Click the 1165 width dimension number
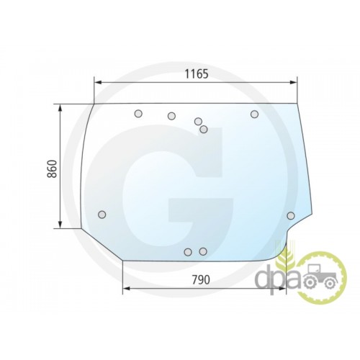tap(197, 74)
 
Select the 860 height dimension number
tap(52, 168)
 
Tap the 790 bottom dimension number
tap(201, 279)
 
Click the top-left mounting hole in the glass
tap(138, 114)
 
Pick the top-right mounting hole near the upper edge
tap(254, 114)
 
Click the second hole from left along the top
tap(171, 116)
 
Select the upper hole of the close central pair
tap(198, 122)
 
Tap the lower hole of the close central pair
tap(204, 130)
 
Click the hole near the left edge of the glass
tap(102, 215)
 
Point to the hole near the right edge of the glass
tap(291, 216)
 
